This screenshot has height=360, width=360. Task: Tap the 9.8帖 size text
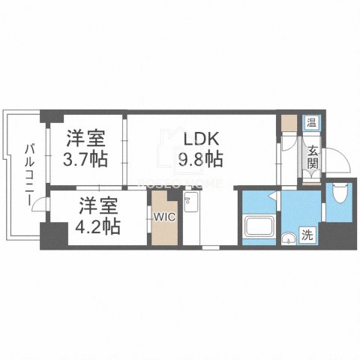[199, 159]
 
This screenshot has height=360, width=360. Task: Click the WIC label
[164, 217]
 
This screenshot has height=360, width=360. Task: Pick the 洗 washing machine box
[308, 233]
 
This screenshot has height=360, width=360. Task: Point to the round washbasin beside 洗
[288, 238]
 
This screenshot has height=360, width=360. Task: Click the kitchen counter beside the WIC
[190, 219]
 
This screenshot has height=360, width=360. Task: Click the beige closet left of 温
[289, 124]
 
